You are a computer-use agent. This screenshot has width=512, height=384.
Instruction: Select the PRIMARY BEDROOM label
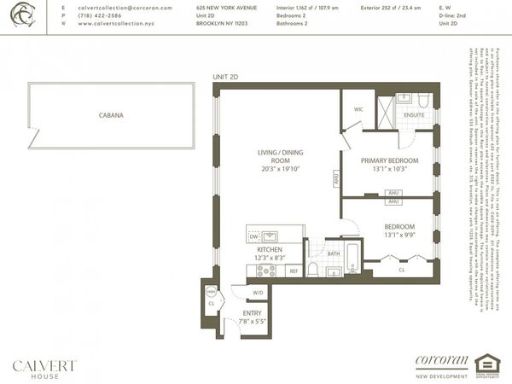[x=389, y=160]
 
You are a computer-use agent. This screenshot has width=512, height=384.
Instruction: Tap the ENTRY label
[x=252, y=313]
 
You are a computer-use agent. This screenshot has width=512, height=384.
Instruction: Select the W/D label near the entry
[x=257, y=294]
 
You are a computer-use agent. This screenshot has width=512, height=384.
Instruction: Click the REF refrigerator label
[x=293, y=271]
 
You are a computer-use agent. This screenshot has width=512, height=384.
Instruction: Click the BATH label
[x=334, y=254]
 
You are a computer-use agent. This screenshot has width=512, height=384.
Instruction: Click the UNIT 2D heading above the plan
[x=226, y=78]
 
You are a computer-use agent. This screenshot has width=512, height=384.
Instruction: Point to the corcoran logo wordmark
[x=442, y=359]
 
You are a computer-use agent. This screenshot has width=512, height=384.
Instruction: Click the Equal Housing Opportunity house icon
[x=486, y=364]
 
